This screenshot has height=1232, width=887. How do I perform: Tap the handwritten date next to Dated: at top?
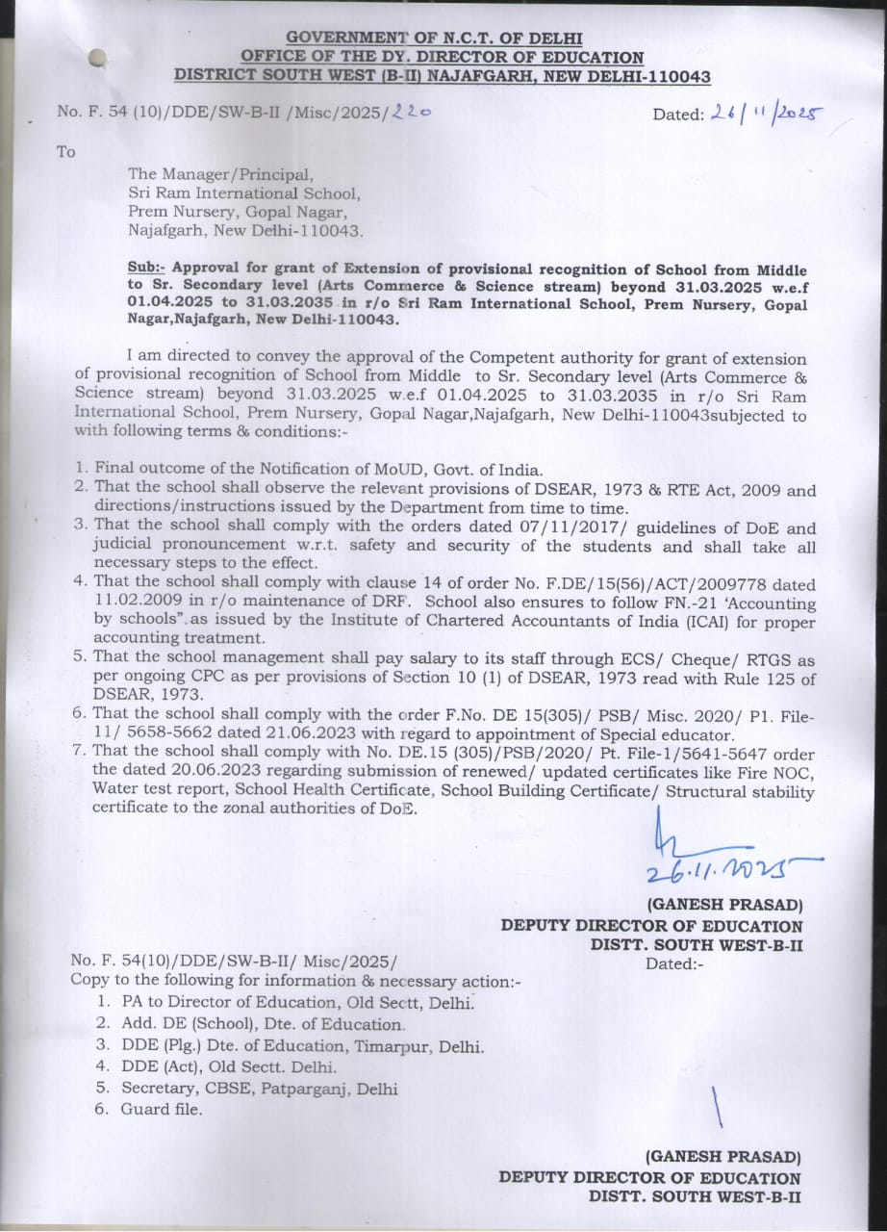click(766, 113)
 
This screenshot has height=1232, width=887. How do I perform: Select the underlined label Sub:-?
click(147, 269)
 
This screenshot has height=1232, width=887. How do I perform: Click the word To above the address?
click(65, 152)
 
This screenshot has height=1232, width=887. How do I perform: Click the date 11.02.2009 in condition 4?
click(134, 603)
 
